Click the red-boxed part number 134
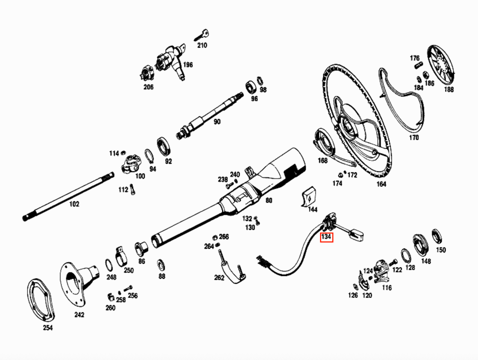(x=326, y=237)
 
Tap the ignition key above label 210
(x=202, y=35)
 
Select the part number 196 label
(x=188, y=64)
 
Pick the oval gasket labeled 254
(x=41, y=300)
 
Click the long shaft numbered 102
(x=68, y=197)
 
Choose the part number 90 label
(x=217, y=121)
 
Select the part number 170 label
(x=414, y=137)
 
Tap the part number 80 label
(x=268, y=200)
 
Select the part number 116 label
(x=387, y=288)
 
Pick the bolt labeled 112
(x=132, y=189)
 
